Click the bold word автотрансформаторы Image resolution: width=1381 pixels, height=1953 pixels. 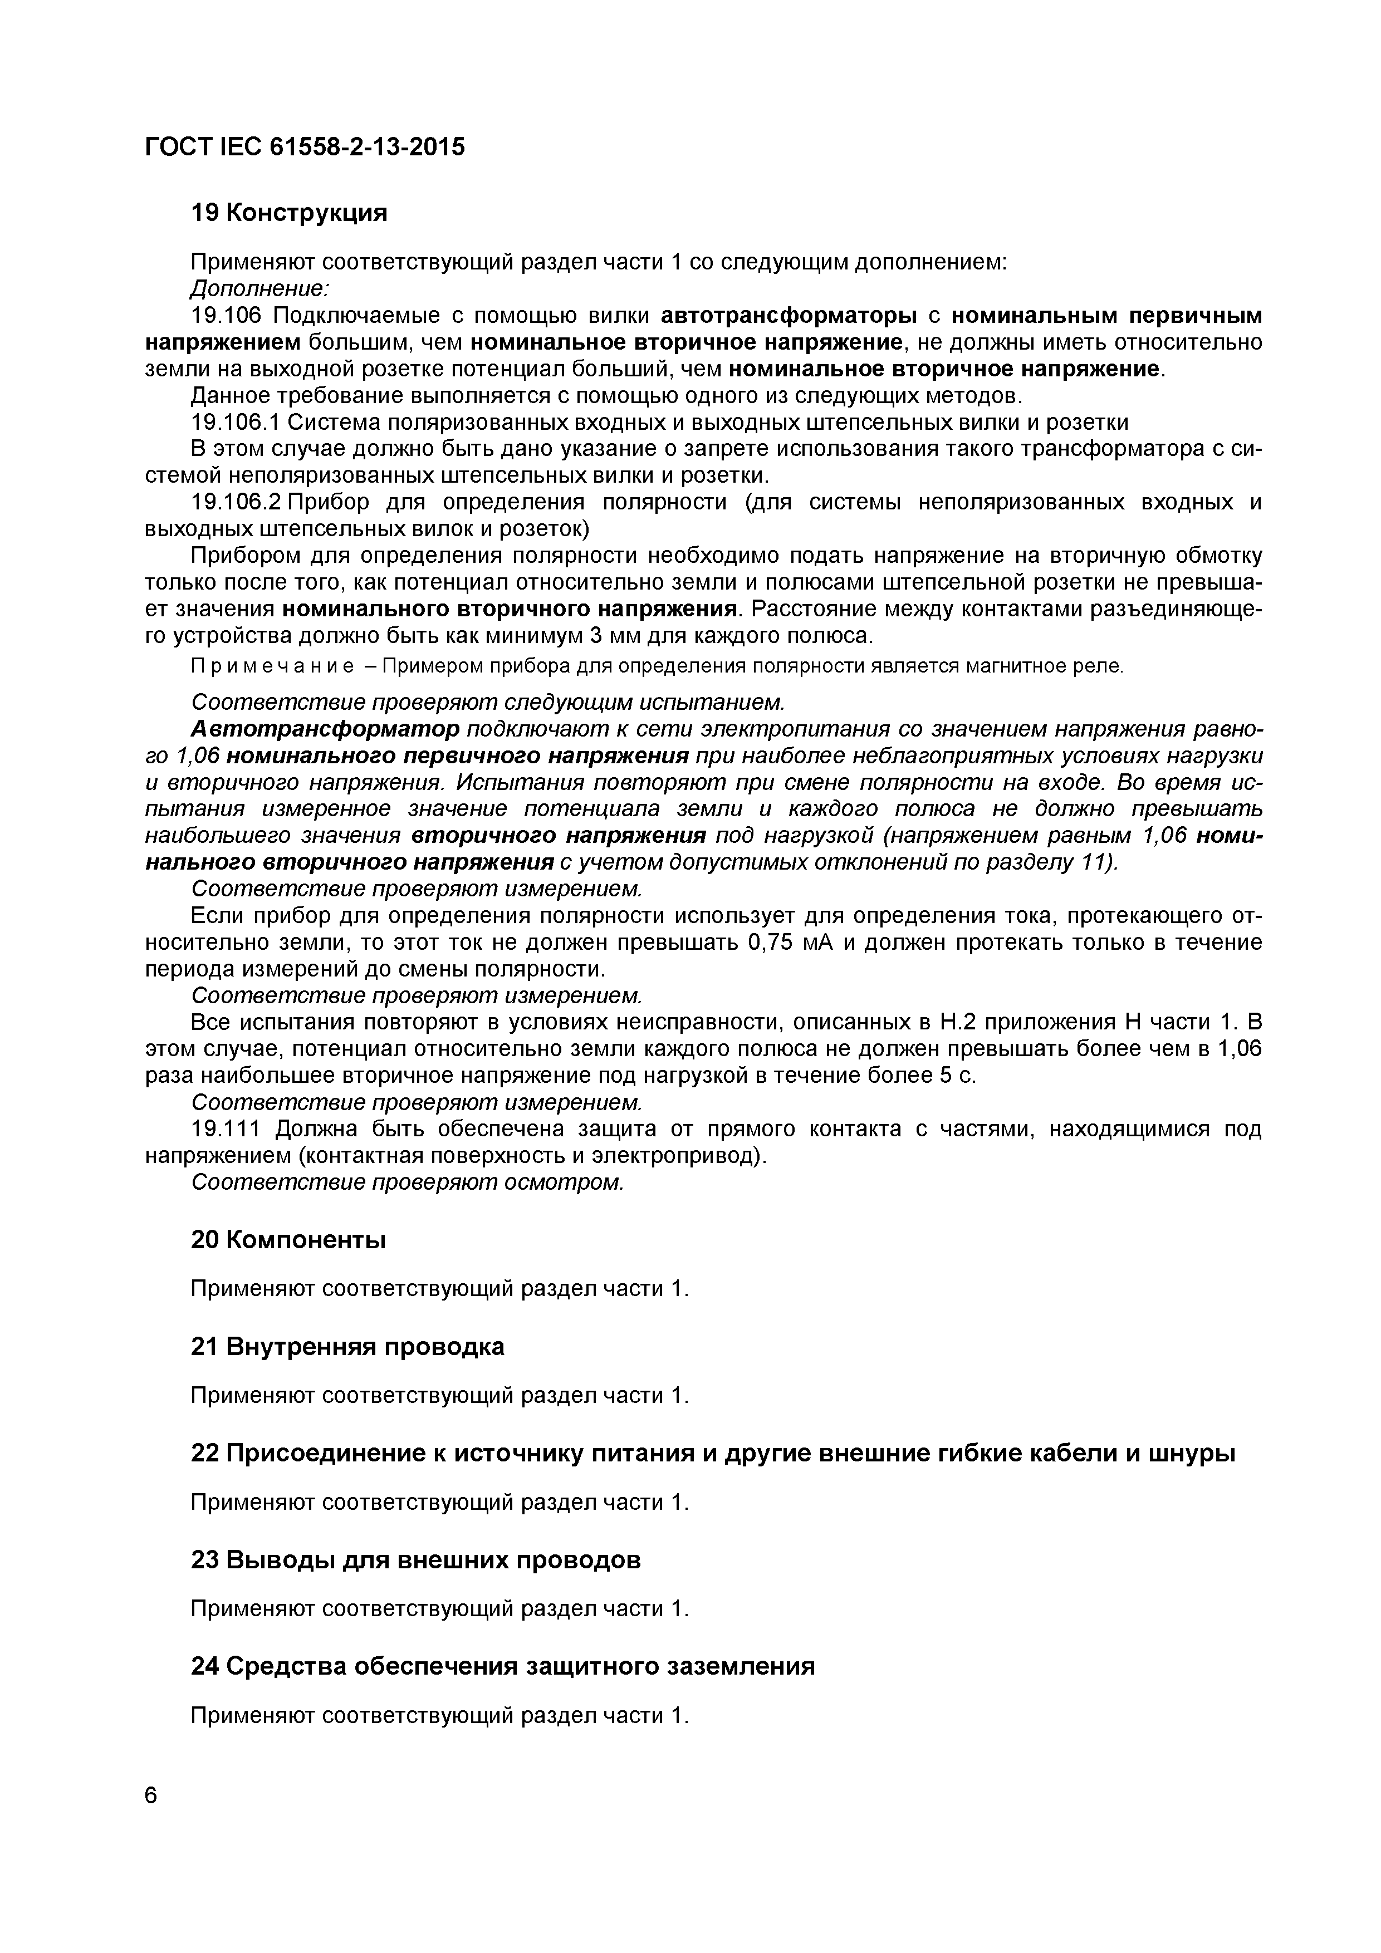[789, 316]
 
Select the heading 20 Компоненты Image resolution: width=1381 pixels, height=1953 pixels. [288, 1240]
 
